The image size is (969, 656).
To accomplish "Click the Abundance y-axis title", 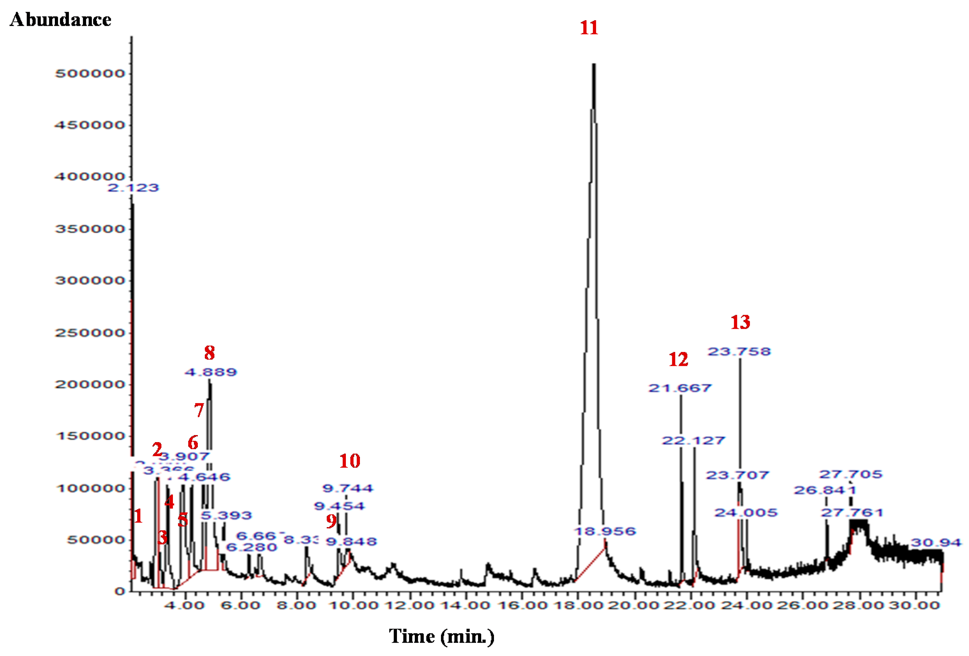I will tap(60, 19).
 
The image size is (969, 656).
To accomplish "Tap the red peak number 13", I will tap(740, 322).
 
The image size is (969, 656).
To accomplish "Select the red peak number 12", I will tap(678, 359).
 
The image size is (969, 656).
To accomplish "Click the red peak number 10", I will tap(349, 461).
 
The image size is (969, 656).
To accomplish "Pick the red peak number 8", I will tap(209, 353).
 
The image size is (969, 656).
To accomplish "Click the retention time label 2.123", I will tap(133, 188).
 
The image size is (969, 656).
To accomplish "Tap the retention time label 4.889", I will tap(211, 372).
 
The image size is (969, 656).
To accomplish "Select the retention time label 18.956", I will tap(605, 531).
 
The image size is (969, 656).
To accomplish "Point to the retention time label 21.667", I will tap(680, 388).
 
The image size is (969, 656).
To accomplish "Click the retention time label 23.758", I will tap(739, 351).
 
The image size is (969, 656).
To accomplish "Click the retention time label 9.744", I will tap(348, 488).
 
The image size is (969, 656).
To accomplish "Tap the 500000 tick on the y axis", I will tap(90, 73).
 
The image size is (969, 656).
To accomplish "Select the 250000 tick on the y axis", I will tap(90, 333).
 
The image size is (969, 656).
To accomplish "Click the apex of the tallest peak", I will tap(594, 64).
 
